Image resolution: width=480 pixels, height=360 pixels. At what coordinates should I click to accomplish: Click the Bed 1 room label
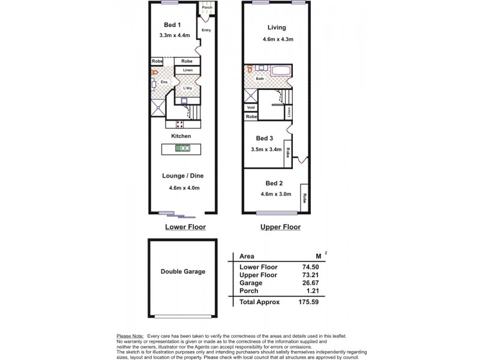(173, 25)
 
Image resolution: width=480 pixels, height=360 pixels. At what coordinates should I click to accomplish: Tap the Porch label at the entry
(206, 7)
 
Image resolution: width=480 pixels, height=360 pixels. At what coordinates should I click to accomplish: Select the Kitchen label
(181, 136)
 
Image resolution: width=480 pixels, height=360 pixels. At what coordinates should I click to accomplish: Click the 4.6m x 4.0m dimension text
(184, 188)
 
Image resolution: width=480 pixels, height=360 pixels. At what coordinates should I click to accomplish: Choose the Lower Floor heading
(185, 227)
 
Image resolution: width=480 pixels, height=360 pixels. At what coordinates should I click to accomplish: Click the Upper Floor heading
(280, 227)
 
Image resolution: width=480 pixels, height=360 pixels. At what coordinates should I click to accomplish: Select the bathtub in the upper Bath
(281, 71)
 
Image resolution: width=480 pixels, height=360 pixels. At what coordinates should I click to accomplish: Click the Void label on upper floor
(251, 107)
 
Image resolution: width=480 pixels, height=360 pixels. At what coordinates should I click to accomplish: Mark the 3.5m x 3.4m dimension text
(266, 149)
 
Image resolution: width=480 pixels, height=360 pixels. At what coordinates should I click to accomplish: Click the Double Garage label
(182, 271)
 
